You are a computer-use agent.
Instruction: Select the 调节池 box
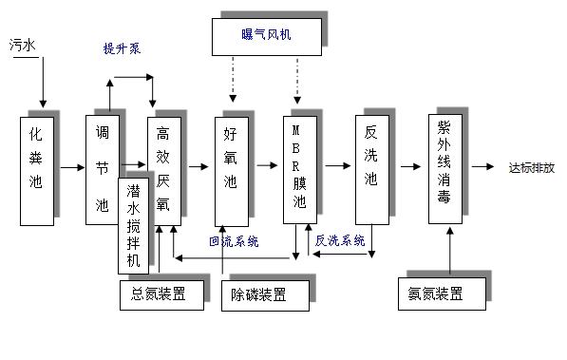[103, 170]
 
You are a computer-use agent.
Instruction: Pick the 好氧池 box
[230, 170]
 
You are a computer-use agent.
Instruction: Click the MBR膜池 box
[300, 168]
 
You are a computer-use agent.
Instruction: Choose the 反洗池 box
[371, 168]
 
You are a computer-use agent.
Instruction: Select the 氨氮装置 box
[439, 294]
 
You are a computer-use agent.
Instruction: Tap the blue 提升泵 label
[122, 47]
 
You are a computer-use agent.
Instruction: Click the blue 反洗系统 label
[340, 241]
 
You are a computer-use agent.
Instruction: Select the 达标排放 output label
[532, 167]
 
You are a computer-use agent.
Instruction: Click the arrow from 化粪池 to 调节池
[71, 167]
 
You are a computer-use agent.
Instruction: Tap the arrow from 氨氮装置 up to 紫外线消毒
[449, 252]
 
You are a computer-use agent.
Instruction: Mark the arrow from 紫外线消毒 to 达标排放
[483, 167]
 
